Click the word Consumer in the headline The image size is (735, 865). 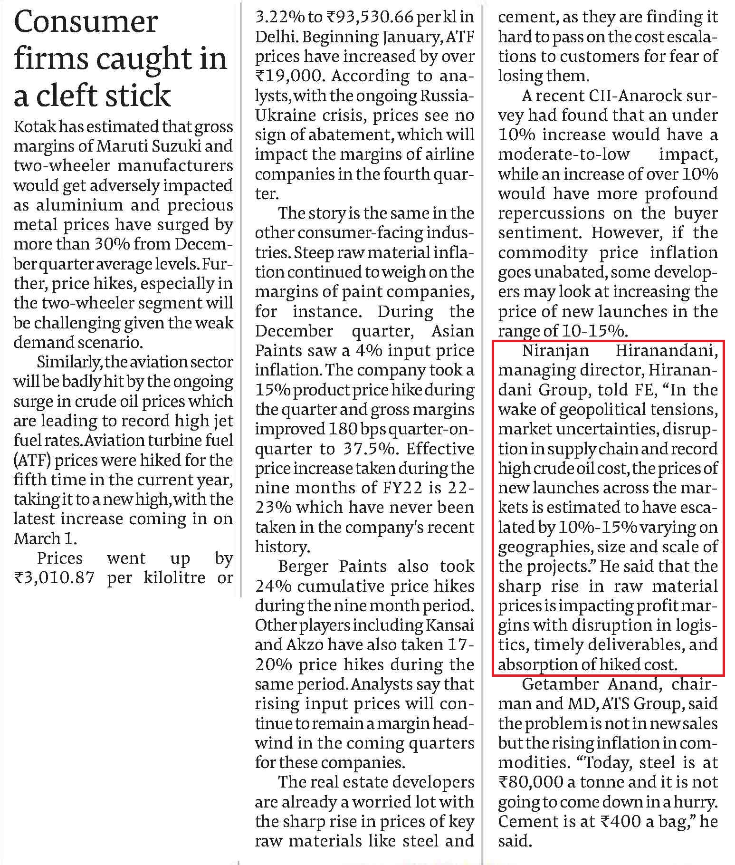[86, 22]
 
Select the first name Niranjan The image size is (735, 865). [555, 351]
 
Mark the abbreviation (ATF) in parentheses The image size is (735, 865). [31, 461]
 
